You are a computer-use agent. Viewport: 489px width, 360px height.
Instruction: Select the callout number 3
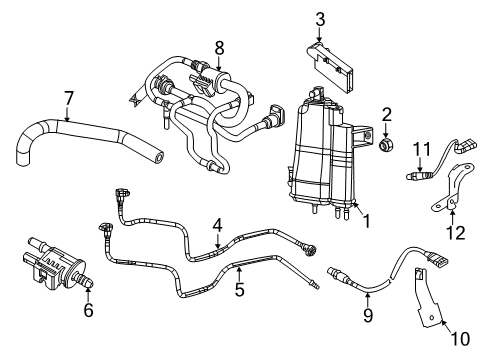coord(319,18)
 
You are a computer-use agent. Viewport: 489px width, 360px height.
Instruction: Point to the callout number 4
coord(217,228)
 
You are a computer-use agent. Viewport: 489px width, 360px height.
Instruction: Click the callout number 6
coord(88,310)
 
